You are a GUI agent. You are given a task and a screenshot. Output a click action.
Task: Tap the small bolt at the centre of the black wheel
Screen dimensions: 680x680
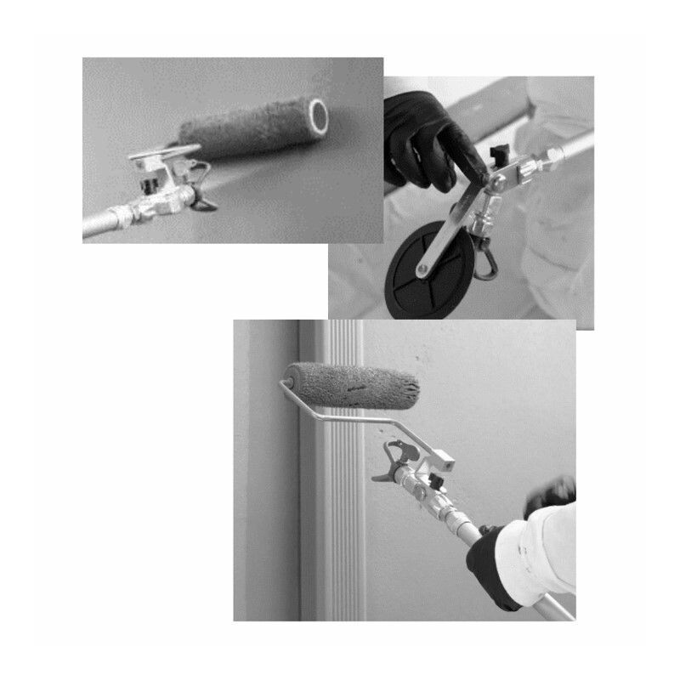tap(422, 271)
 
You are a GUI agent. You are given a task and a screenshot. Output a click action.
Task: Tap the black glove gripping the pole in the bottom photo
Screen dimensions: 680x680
tap(494, 565)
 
